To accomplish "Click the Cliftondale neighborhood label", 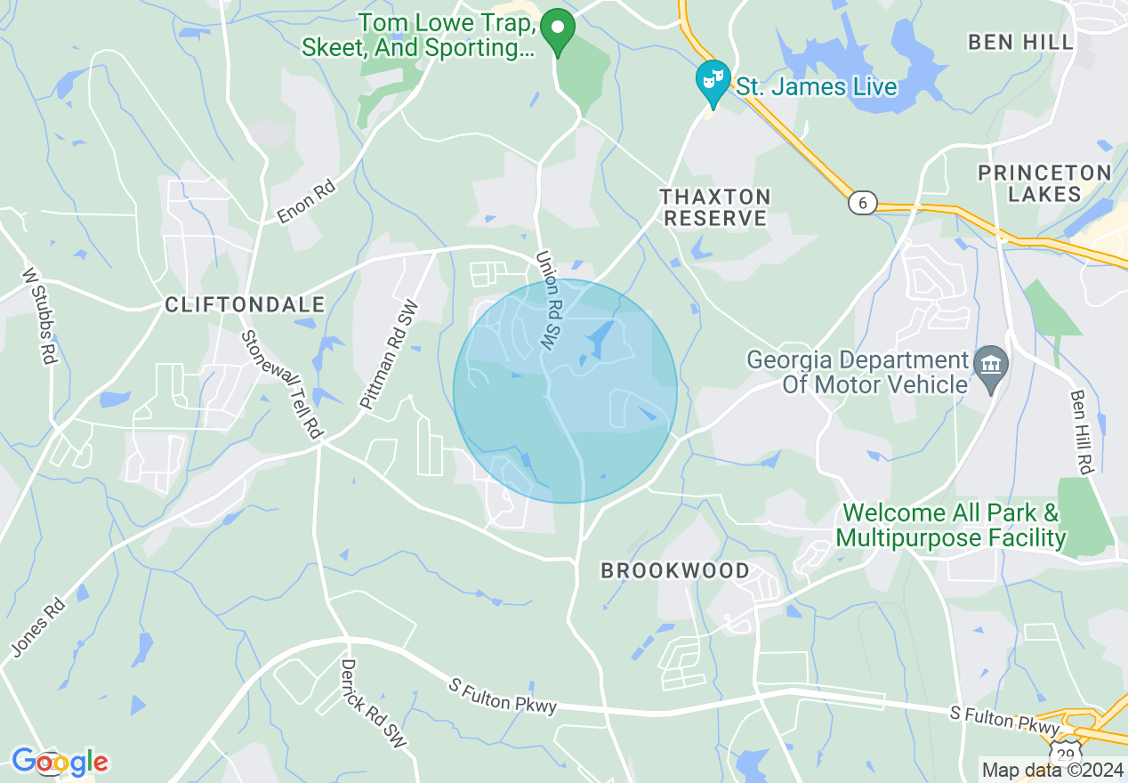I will pos(245,305).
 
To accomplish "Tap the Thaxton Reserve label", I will pos(714,207).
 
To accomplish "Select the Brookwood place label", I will pos(675,571).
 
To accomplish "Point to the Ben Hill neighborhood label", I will pos(1020,42).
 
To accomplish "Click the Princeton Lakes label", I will pos(1044,183).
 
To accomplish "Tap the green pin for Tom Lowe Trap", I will pos(558,31).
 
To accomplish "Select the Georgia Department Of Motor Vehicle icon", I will pos(989,365).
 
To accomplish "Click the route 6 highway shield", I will pos(861,202).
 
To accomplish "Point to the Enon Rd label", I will pos(307,202).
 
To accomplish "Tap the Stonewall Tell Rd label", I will pos(280,383).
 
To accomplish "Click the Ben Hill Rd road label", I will pos(1082,432).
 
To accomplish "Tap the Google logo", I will pos(60,762).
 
